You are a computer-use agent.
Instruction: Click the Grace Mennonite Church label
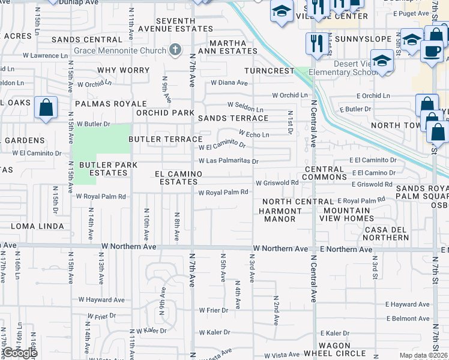point(124,51)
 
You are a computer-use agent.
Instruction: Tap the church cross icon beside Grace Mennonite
point(175,50)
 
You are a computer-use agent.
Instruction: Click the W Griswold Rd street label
point(277,183)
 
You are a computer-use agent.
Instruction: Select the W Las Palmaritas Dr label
point(228,161)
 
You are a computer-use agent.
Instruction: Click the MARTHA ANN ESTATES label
point(228,47)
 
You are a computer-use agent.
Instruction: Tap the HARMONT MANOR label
point(280,215)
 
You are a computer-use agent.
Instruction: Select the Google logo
point(19,352)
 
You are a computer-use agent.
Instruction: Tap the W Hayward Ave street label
point(101,300)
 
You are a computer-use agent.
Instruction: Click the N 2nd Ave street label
point(276,310)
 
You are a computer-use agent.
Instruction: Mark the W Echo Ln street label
point(253,134)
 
